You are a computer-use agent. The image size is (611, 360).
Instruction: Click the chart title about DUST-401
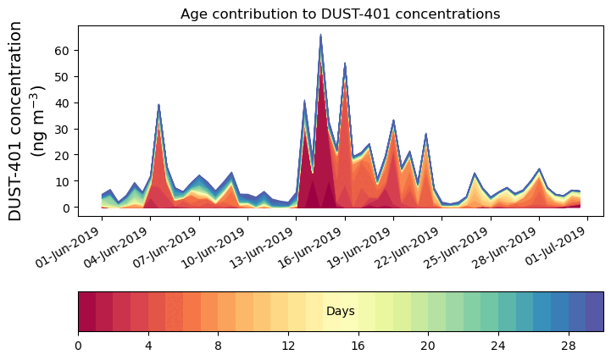click(340, 14)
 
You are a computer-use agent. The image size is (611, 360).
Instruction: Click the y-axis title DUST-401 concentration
click(31, 121)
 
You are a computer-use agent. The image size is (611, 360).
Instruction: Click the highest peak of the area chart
click(320, 36)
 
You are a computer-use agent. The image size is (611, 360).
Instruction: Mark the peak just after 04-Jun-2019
click(158, 105)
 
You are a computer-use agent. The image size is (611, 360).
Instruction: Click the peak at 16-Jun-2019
click(345, 64)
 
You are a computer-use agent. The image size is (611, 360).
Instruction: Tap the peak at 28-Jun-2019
click(539, 169)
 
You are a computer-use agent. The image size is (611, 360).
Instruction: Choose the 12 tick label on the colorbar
click(288, 346)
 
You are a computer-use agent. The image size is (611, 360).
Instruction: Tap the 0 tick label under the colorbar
click(78, 346)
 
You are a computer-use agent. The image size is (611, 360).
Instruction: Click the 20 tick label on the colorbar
click(428, 346)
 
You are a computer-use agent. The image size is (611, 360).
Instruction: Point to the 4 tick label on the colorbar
click(148, 346)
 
